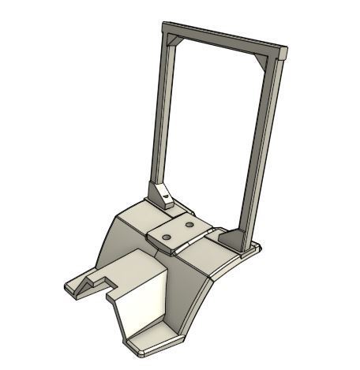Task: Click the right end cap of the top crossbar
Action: tap(283, 54)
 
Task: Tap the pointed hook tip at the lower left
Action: tap(69, 289)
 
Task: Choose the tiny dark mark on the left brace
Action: tap(165, 191)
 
